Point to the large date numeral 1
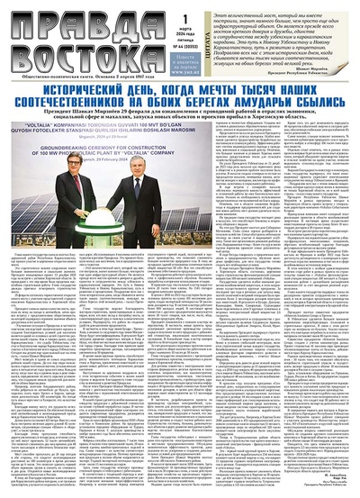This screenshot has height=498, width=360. pyautogui.click(x=186, y=20)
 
